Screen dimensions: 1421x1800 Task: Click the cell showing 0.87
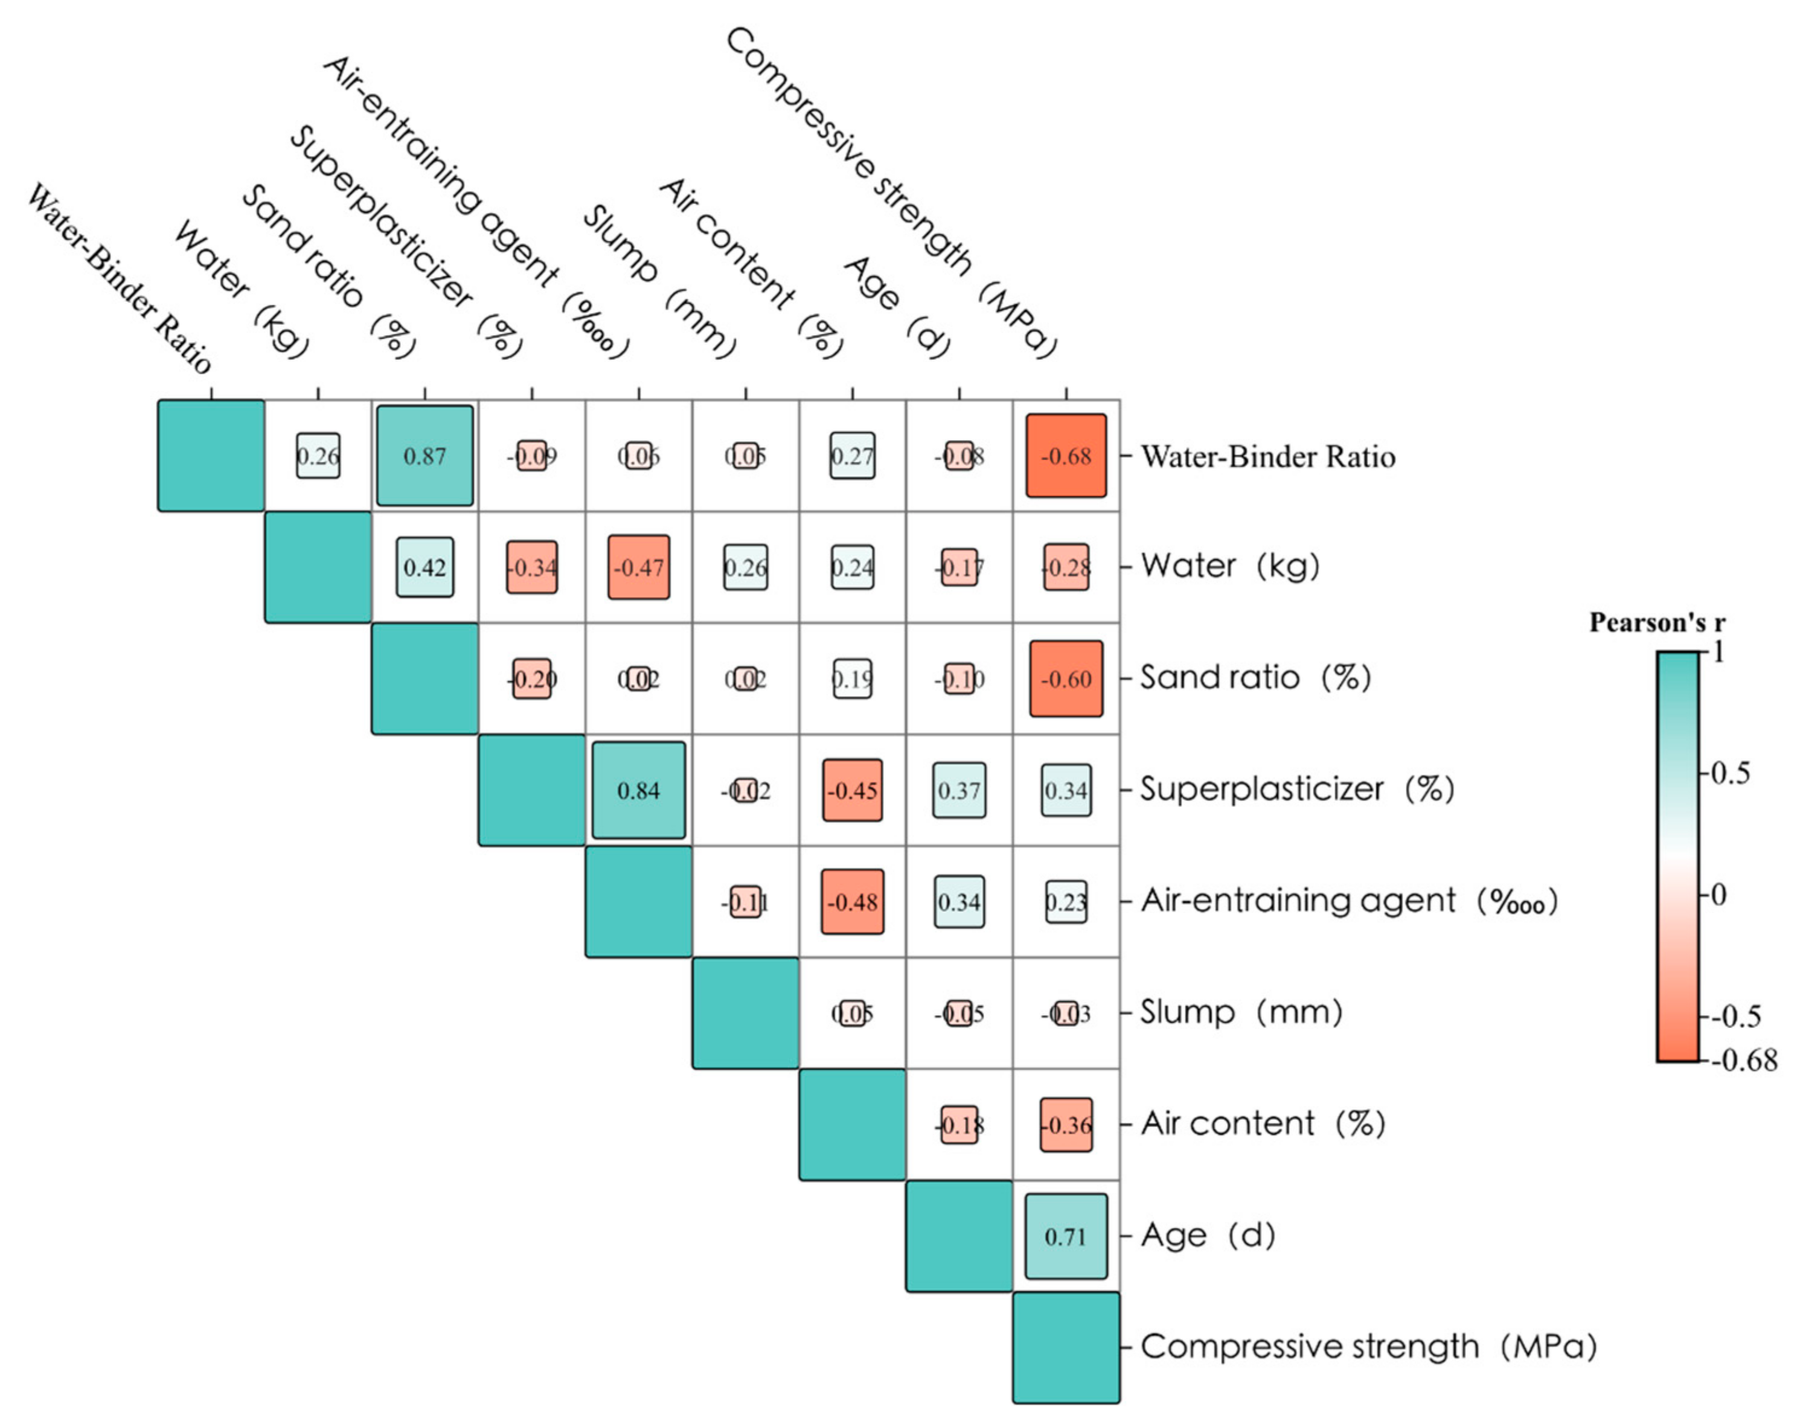[424, 456]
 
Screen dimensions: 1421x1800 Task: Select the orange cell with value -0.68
[1066, 456]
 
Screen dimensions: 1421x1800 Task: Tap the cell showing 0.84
[638, 790]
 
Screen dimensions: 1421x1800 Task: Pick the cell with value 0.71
[1066, 1236]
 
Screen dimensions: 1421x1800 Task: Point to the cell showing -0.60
[1066, 679]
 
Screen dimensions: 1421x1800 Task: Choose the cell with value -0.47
[638, 567]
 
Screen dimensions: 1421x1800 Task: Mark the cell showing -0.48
[852, 902]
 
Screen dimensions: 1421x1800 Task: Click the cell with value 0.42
[424, 567]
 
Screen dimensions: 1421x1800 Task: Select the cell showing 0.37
[959, 790]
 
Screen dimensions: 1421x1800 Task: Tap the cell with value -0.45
[852, 790]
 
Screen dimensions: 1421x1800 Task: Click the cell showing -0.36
[1066, 1125]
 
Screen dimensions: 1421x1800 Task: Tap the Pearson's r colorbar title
[1657, 623]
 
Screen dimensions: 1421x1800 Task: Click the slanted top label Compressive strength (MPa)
[891, 191]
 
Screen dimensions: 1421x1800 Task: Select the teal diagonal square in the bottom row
[1066, 1348]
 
